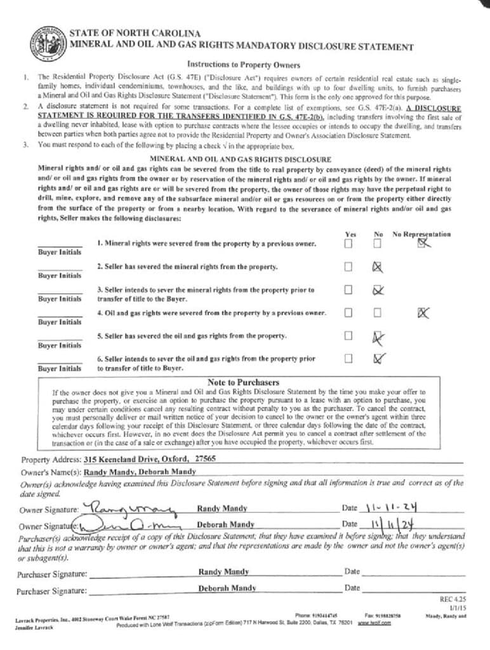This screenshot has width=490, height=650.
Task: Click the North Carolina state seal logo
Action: pos(46,44)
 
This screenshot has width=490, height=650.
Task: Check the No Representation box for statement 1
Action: pos(422,243)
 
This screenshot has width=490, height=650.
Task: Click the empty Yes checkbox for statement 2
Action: pos(348,267)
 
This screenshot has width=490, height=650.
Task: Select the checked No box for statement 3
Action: pos(378,290)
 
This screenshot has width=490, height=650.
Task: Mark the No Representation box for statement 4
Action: pos(423,312)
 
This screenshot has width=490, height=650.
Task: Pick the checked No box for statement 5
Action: pos(379,336)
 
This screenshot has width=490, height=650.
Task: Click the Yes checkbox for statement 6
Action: pos(348,359)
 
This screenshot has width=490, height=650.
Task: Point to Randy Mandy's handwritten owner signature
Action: pos(130,507)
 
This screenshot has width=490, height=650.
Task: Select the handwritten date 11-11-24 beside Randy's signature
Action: pos(392,507)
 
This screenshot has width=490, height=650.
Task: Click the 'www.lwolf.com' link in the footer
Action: pos(373,623)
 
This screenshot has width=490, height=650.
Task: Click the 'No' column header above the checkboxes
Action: pos(378,234)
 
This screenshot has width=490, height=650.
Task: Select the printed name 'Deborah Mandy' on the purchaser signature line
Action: pos(226,588)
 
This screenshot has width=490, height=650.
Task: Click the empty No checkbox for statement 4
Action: pos(378,312)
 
